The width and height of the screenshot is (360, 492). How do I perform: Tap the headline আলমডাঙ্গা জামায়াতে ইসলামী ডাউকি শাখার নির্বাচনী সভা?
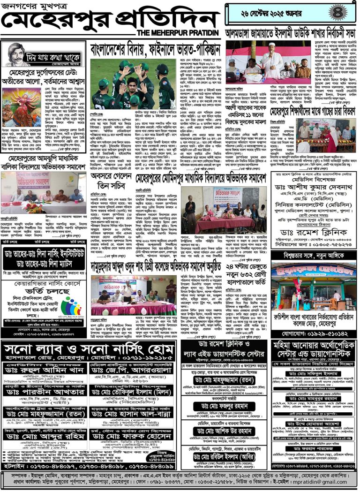[291, 34]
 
